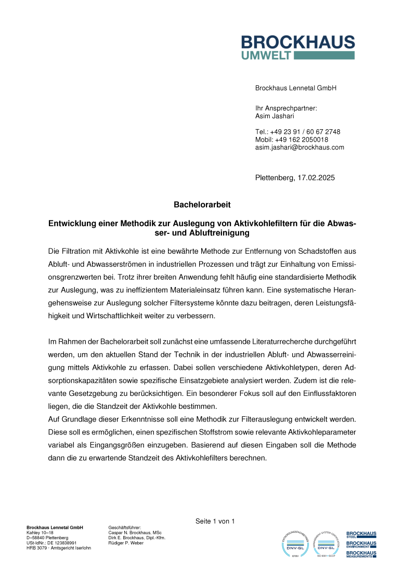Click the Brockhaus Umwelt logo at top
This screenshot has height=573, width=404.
(x=298, y=47)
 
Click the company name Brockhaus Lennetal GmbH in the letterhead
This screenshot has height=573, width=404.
(x=296, y=89)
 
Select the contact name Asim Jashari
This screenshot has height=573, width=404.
(x=275, y=117)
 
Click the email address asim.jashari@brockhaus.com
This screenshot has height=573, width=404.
(x=299, y=147)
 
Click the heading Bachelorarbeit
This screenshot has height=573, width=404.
(x=202, y=205)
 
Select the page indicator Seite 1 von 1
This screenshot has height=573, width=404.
(x=215, y=521)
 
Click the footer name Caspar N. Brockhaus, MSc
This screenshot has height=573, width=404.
(x=135, y=532)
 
